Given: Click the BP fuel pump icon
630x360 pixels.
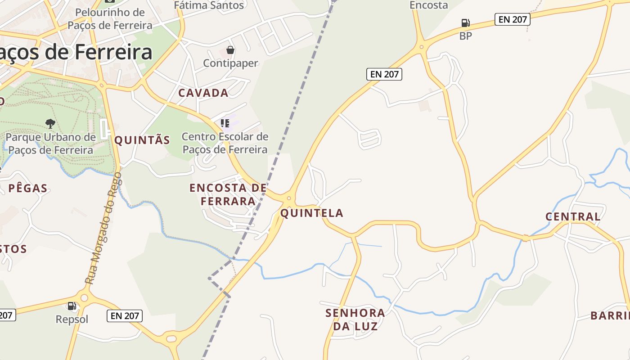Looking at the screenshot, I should pyautogui.click(x=465, y=22).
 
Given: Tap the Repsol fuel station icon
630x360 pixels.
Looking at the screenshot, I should pyautogui.click(x=72, y=306).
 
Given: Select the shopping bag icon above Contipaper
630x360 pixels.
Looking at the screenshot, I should pyautogui.click(x=230, y=49).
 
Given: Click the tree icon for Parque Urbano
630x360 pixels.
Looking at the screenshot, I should pyautogui.click(x=50, y=123).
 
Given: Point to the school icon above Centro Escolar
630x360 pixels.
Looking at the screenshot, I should pyautogui.click(x=225, y=123).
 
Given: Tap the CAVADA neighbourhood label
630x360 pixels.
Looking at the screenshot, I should pyautogui.click(x=203, y=93).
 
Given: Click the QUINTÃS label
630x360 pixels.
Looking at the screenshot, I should pyautogui.click(x=142, y=140).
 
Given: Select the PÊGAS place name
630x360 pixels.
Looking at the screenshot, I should pyautogui.click(x=28, y=188).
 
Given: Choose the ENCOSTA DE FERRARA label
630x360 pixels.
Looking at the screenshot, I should pyautogui.click(x=228, y=194).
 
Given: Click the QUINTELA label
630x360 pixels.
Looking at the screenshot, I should pyautogui.click(x=312, y=213).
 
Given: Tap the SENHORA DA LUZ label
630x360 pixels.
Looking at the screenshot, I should pyautogui.click(x=355, y=319).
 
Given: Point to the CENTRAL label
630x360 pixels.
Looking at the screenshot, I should pyautogui.click(x=573, y=216).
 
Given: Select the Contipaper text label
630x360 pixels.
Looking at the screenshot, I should pyautogui.click(x=230, y=63).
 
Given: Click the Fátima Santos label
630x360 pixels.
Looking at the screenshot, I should pyautogui.click(x=209, y=5).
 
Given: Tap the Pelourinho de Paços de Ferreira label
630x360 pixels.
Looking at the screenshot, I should pyautogui.click(x=110, y=19).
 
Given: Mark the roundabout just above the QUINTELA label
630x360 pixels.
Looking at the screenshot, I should pyautogui.click(x=289, y=198).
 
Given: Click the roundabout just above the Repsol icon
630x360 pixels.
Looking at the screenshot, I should pyautogui.click(x=84, y=297).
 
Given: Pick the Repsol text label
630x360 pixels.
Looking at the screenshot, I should pyautogui.click(x=72, y=319).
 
